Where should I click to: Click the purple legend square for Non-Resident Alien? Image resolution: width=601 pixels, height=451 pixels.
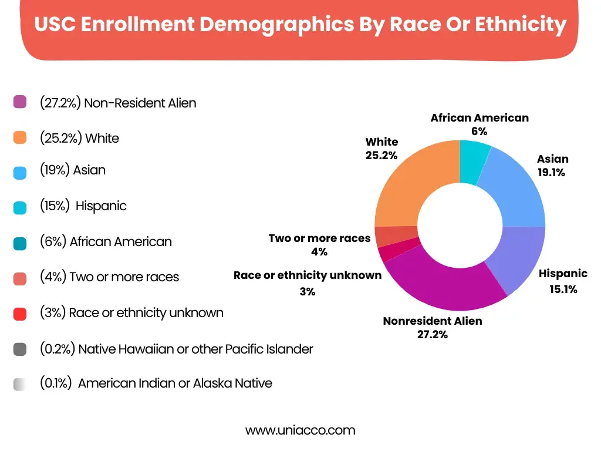(x=20, y=102)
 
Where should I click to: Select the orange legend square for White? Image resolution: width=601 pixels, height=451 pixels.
(x=20, y=138)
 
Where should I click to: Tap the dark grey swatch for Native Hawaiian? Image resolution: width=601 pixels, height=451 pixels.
(x=20, y=349)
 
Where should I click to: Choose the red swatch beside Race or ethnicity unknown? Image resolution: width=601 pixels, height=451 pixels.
(x=20, y=313)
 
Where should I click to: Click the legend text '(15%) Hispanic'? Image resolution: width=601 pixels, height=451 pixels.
(x=83, y=206)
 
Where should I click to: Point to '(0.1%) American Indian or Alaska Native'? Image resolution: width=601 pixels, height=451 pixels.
(x=156, y=383)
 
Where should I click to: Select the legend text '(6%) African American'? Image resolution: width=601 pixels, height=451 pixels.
(x=106, y=241)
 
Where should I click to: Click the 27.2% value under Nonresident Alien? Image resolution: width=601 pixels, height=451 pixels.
(x=433, y=335)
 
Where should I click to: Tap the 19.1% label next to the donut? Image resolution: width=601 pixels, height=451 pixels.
(x=551, y=173)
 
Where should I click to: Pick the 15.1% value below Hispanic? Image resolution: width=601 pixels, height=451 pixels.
(x=563, y=288)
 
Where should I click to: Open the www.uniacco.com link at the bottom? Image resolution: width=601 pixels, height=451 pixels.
(x=300, y=430)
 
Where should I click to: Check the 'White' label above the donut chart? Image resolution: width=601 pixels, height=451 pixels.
(x=381, y=142)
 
